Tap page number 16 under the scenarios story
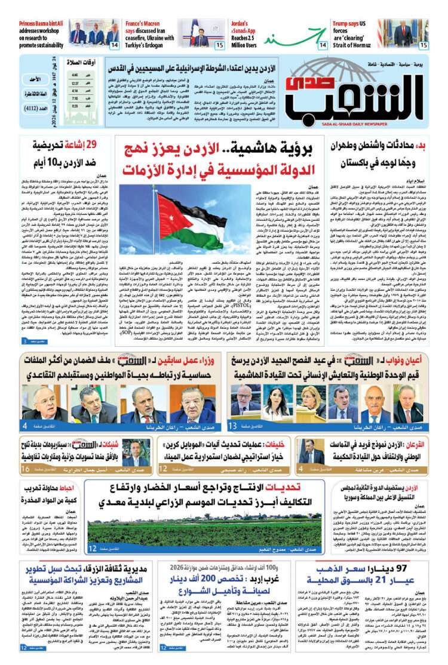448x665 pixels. (x=26, y=469)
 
